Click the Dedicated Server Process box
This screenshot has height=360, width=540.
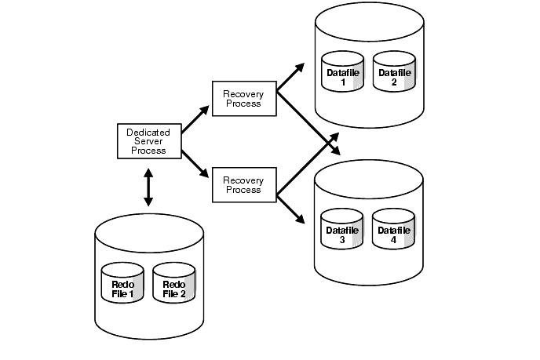tap(148, 140)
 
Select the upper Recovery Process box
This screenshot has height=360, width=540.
tap(243, 97)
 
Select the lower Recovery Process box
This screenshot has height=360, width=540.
tap(243, 184)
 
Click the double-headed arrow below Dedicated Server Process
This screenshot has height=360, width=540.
tap(148, 189)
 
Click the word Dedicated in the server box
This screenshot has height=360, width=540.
tap(148, 132)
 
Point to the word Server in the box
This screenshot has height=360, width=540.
tap(148, 141)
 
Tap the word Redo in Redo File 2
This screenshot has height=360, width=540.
tap(173, 284)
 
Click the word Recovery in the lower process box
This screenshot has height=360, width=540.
tap(243, 180)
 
